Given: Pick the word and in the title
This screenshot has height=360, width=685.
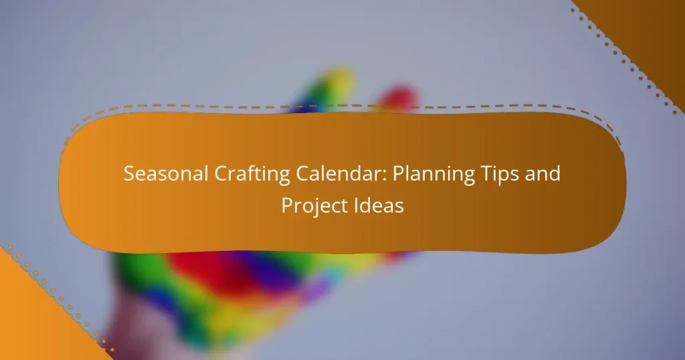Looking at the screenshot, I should [x=541, y=175].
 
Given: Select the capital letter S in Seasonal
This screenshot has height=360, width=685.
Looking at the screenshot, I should [x=129, y=175].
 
